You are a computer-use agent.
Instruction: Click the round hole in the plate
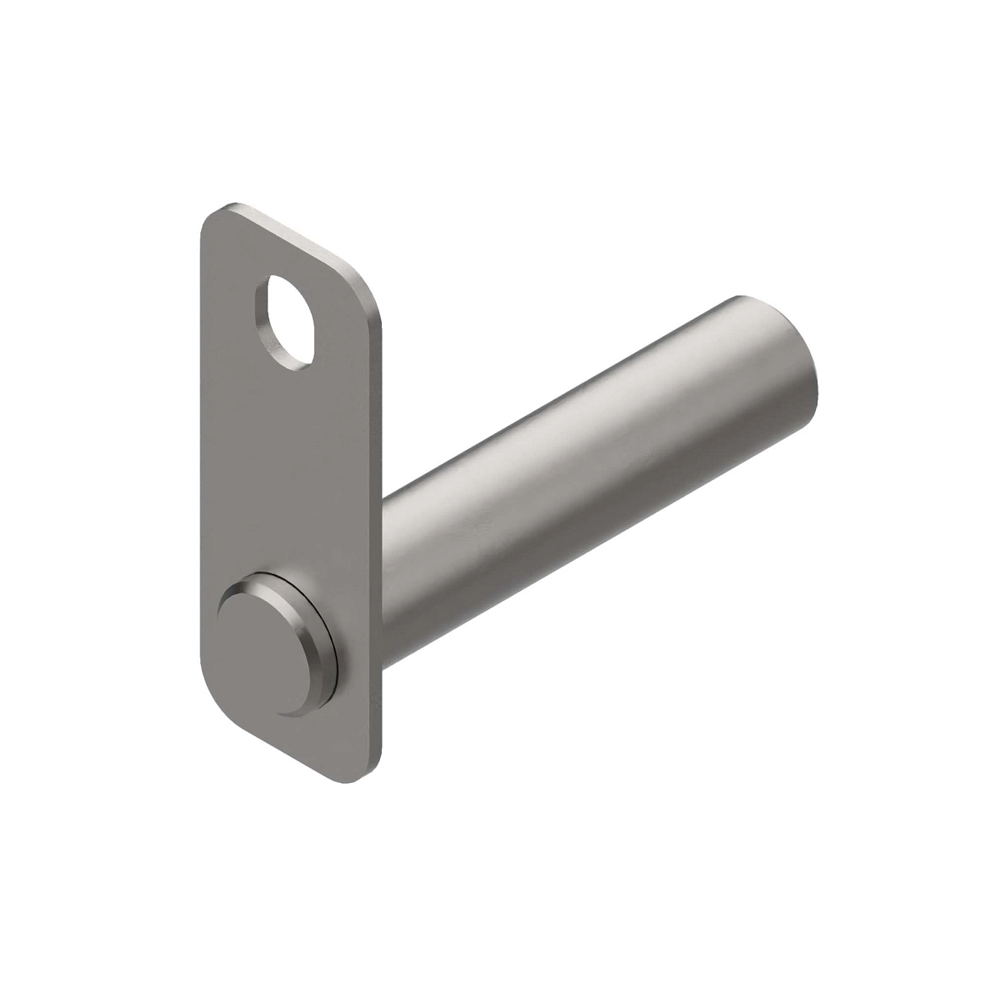pos(292,323)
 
